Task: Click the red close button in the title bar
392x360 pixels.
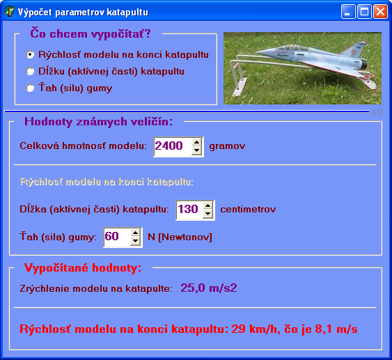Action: click(x=380, y=12)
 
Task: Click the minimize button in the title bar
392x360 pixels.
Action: click(x=348, y=12)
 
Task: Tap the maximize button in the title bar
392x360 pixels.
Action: click(x=364, y=12)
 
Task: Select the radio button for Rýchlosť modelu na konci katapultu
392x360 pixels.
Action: click(x=30, y=54)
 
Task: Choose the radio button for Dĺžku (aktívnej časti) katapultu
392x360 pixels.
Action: click(x=30, y=71)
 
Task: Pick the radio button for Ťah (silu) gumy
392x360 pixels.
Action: click(x=30, y=88)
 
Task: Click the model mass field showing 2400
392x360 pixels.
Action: click(x=173, y=146)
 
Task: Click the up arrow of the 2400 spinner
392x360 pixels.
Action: click(x=197, y=142)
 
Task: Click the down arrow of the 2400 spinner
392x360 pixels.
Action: click(x=197, y=150)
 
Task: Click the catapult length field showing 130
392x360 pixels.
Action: click(x=190, y=210)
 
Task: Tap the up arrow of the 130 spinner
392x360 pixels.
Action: click(x=208, y=205)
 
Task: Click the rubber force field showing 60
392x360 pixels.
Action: click(x=117, y=237)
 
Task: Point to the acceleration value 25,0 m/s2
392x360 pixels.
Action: click(x=209, y=288)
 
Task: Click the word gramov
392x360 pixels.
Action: click(x=227, y=146)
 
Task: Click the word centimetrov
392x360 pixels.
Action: click(x=248, y=210)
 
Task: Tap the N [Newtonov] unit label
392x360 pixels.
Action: click(x=180, y=237)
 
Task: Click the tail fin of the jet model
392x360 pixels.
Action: click(x=355, y=50)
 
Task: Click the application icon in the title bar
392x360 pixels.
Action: click(x=10, y=12)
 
